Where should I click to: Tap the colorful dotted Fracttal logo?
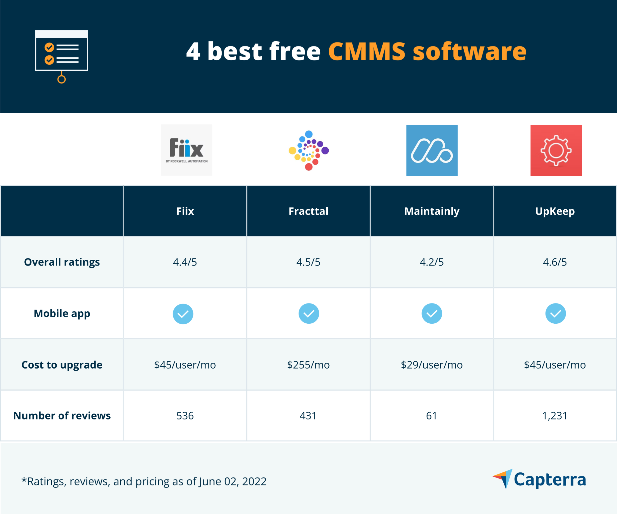[x=308, y=150]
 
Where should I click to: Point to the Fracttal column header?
[x=308, y=211]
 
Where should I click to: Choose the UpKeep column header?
[x=555, y=211]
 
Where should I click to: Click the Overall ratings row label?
[x=62, y=262]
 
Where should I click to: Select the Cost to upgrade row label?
[x=62, y=365]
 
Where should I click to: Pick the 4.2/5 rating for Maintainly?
[x=431, y=262]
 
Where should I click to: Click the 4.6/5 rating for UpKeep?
[x=555, y=262]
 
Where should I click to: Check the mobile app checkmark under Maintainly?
[x=432, y=313]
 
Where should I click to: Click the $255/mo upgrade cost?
[x=308, y=365]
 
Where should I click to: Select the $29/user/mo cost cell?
[x=431, y=365]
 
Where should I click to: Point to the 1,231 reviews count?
[x=554, y=416]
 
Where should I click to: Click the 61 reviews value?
[x=431, y=416]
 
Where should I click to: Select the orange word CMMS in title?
[x=367, y=51]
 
